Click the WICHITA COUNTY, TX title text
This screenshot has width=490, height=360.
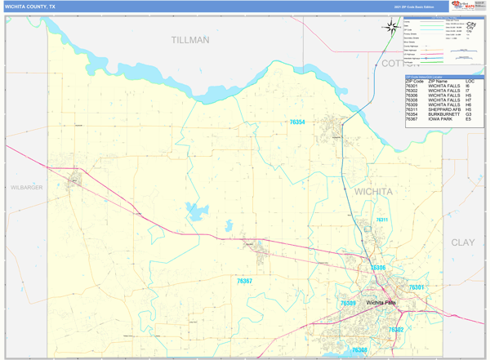pos(31,6)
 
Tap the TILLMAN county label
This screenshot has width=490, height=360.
pos(190,39)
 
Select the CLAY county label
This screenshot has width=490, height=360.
pos(462,242)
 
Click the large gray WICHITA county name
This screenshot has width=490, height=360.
pos(373,191)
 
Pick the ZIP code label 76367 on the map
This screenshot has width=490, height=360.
pos(244,281)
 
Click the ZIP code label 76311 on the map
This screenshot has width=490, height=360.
pos(381,220)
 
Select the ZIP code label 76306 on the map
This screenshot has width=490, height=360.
pos(378,268)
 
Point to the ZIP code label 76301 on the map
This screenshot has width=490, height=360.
pos(416,287)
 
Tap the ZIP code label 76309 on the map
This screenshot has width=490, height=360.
pos(348,303)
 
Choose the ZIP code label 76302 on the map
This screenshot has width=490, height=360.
pos(396,330)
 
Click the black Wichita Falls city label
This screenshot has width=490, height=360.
pos(381,303)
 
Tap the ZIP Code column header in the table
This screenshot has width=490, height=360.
pos(414,82)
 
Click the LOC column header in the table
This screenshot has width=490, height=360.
pos(470,82)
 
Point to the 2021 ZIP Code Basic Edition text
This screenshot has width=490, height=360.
pos(409,6)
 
